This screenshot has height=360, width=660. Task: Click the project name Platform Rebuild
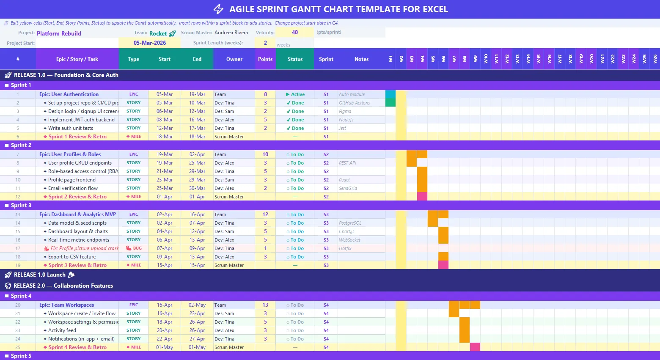59,33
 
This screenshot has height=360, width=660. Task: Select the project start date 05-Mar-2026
150,43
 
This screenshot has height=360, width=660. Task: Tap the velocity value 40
295,32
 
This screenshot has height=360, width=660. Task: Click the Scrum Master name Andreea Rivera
231,33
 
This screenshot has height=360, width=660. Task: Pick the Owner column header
234,59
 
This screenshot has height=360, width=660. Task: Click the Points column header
265,59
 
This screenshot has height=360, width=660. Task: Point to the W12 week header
507,59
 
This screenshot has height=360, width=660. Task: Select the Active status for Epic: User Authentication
295,94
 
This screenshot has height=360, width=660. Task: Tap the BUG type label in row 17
134,248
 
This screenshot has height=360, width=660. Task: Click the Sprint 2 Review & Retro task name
77,197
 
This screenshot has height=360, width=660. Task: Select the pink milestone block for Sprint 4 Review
475,347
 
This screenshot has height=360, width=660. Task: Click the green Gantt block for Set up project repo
390,103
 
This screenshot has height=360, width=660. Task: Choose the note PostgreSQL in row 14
350,223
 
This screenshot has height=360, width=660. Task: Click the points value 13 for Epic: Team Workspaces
265,305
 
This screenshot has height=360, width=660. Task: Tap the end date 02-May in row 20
197,305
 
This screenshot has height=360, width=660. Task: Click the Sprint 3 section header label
21,205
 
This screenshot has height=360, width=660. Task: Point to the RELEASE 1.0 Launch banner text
40,275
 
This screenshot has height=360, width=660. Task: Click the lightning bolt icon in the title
218,9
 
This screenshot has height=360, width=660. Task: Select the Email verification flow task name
73,188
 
